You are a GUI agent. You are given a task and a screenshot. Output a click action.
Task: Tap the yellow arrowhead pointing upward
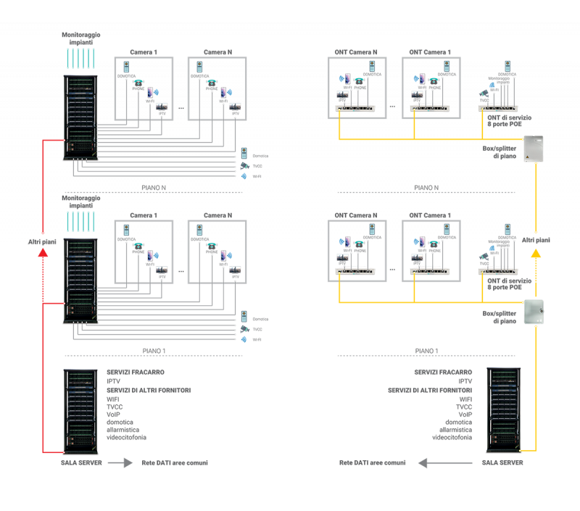click(x=536, y=253)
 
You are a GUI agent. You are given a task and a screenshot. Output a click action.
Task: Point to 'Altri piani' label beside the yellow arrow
click(x=536, y=239)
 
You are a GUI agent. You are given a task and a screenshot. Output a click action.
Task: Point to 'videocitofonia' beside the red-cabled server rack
click(x=126, y=437)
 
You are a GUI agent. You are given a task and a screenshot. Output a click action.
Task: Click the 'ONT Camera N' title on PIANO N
click(x=355, y=52)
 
